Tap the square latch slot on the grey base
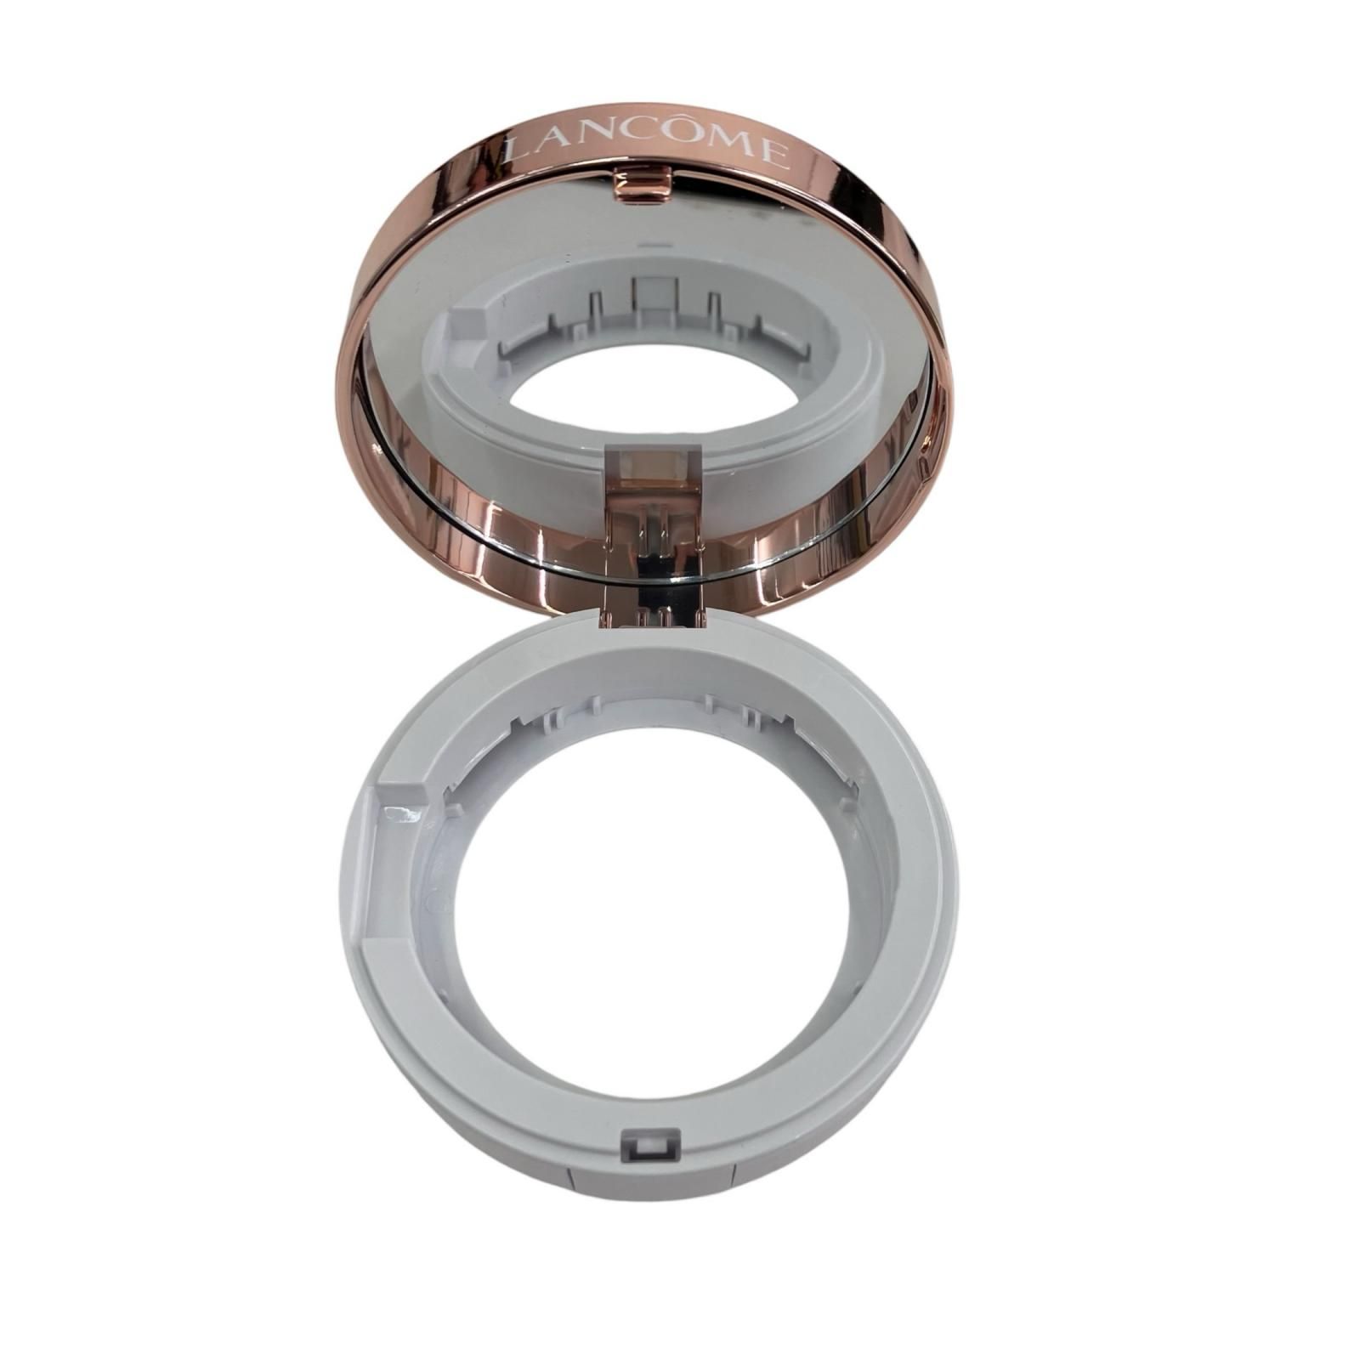pos(651,1147)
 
